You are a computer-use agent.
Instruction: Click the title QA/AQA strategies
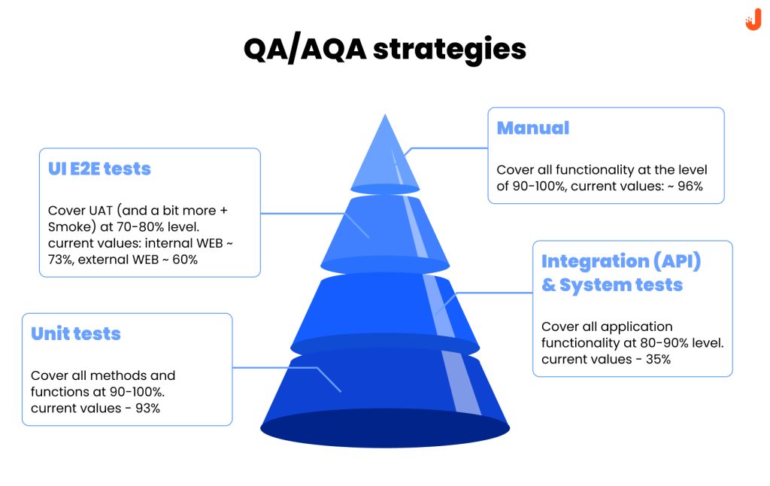pos(384,49)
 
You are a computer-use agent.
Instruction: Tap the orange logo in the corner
pos(753,21)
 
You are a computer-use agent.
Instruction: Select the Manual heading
pos(532,128)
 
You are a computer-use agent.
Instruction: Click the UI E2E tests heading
pos(99,169)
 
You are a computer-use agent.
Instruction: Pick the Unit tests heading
pos(75,333)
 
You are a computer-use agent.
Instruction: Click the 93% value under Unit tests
pos(146,408)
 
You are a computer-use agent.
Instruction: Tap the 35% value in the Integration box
pos(657,359)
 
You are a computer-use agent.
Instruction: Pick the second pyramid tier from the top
pos(385,229)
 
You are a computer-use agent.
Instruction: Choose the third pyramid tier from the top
pos(385,308)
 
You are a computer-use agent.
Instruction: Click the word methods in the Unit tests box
pos(115,375)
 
